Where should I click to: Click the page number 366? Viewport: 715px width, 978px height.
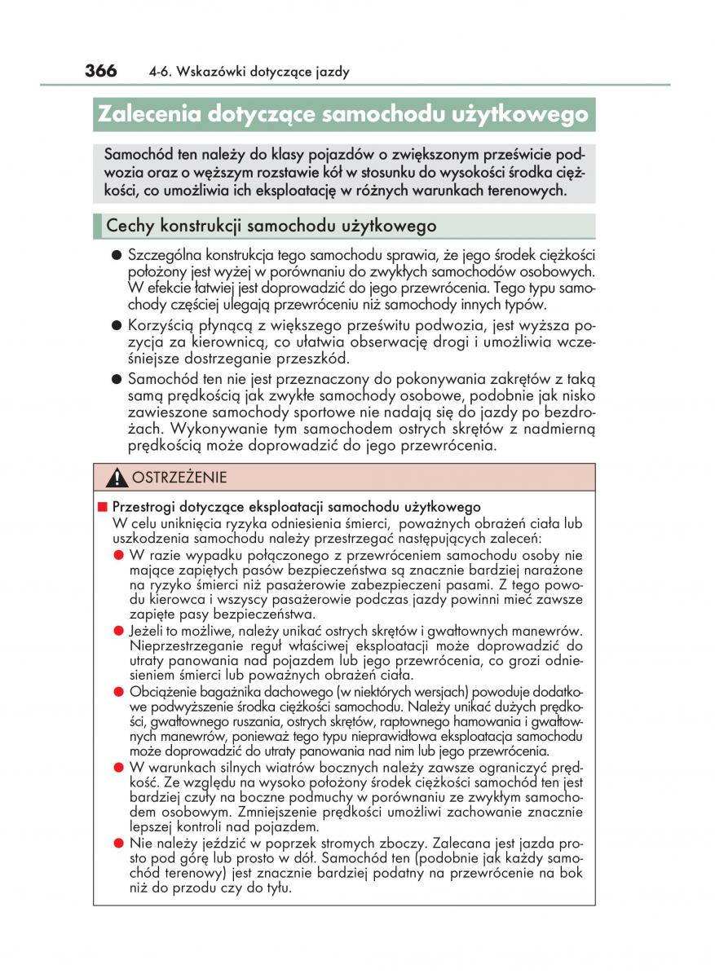pyautogui.click(x=100, y=71)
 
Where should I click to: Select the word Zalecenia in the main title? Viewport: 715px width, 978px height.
pyautogui.click(x=148, y=114)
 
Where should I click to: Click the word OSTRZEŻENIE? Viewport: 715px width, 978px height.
pyautogui.click(x=179, y=478)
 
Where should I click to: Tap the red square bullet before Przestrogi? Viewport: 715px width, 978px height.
pyautogui.click(x=103, y=507)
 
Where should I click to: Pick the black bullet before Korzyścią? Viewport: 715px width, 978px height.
pyautogui.click(x=117, y=326)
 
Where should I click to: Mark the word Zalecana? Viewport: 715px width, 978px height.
pyautogui.click(x=468, y=844)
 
